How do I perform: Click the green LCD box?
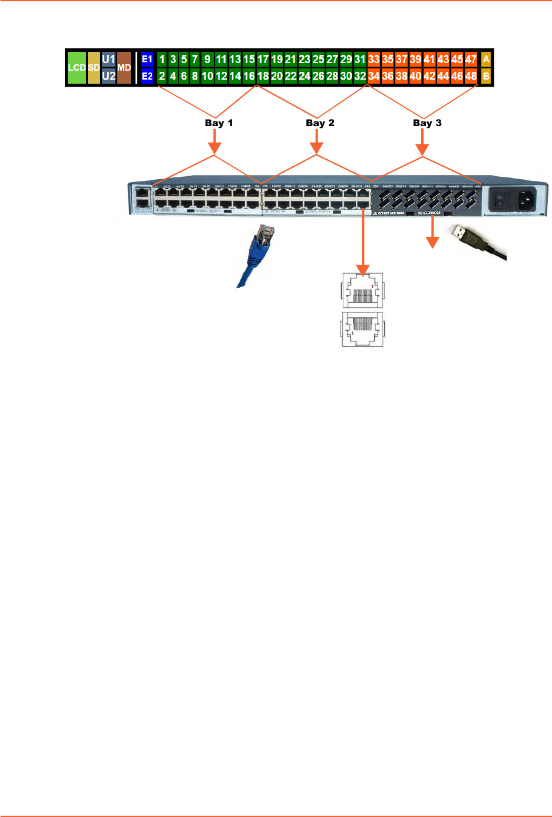[x=77, y=68]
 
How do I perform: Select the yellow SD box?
[x=94, y=68]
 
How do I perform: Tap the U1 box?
[x=109, y=60]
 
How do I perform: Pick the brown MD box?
[x=124, y=68]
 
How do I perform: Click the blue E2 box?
[x=147, y=76]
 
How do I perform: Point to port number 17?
[x=263, y=60]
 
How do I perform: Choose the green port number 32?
[x=360, y=76]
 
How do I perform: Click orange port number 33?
[x=373, y=60]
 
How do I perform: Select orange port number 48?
[x=471, y=76]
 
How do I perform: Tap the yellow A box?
[x=486, y=60]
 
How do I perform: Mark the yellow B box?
[x=486, y=76]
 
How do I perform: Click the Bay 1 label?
[x=219, y=123]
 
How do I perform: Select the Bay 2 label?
[x=320, y=123]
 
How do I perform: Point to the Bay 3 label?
[x=427, y=123]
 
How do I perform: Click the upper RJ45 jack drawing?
[x=362, y=289]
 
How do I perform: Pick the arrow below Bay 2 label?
[x=317, y=141]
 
